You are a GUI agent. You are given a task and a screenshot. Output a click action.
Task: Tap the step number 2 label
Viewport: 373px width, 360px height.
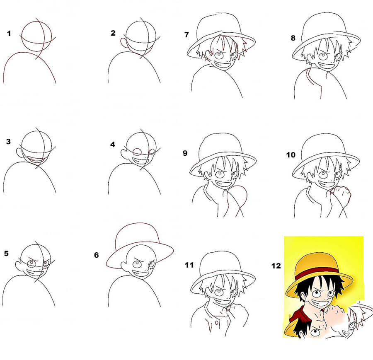tap(113, 34)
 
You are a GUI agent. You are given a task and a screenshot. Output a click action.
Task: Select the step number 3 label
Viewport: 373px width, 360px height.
tap(9, 142)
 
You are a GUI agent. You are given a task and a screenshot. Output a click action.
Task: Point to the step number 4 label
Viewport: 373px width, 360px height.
tap(112, 145)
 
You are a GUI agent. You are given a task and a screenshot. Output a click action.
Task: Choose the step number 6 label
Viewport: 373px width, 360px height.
tap(97, 255)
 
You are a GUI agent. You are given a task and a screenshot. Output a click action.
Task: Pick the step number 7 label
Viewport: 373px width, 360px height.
tap(187, 35)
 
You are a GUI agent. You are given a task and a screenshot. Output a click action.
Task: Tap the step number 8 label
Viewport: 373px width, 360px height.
tap(293, 38)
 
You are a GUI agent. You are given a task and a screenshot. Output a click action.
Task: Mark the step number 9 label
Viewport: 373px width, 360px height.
tap(185, 153)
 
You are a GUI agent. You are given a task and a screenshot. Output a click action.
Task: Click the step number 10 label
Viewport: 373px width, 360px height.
tap(291, 155)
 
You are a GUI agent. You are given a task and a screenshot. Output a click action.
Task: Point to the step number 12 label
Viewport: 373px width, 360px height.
tap(276, 266)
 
